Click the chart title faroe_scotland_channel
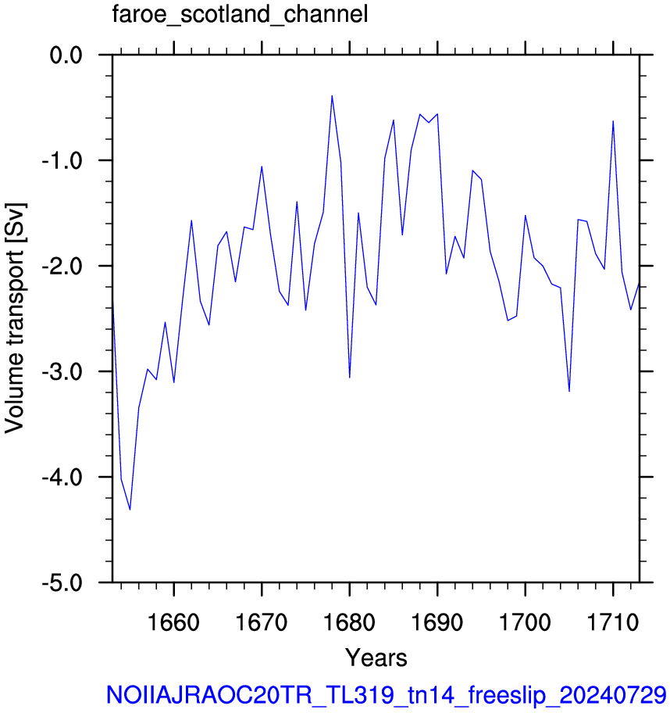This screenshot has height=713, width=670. click(x=240, y=14)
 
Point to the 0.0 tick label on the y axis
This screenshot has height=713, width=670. click(x=66, y=56)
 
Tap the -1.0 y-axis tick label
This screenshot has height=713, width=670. click(x=62, y=161)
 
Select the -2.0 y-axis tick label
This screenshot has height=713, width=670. click(x=62, y=267)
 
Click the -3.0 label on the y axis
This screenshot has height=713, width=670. click(x=62, y=372)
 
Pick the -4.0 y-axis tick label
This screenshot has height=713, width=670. click(x=62, y=478)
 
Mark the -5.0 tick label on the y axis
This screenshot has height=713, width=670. click(x=62, y=583)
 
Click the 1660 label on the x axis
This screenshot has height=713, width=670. click(x=174, y=622)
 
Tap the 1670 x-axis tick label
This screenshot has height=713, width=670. click(x=262, y=622)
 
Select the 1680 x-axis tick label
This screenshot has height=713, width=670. click(x=350, y=622)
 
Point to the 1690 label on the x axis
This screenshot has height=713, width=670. click(x=437, y=622)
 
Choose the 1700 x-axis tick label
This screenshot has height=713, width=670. click(x=526, y=622)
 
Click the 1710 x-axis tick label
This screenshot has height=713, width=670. click(x=613, y=622)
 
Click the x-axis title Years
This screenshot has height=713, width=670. click(x=376, y=657)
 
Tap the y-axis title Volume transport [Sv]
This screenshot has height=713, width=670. click(x=15, y=318)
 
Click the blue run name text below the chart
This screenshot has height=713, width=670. click(x=387, y=695)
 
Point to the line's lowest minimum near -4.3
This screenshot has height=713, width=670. click(x=130, y=510)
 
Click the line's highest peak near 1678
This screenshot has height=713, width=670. click(x=332, y=95)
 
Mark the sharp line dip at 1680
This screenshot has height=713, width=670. click(x=350, y=378)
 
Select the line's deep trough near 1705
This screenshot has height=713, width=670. click(x=569, y=391)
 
